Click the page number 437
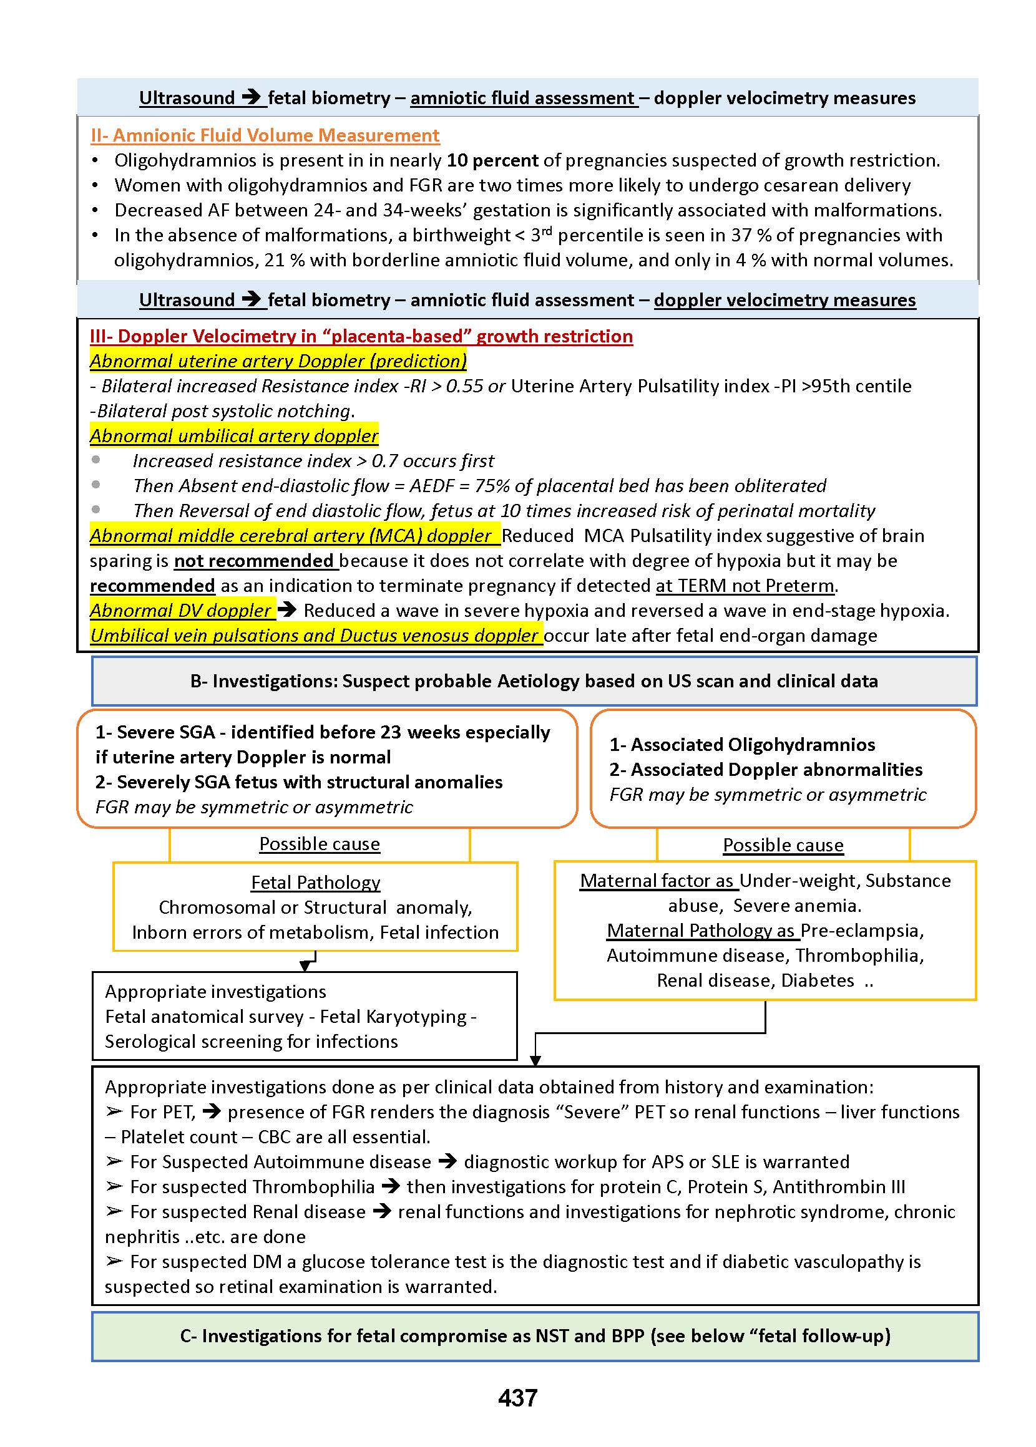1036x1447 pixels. [517, 1397]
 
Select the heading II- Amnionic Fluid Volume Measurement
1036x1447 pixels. [265, 135]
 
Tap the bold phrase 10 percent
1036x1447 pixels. [492, 160]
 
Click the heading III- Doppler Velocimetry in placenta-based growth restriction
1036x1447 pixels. [361, 336]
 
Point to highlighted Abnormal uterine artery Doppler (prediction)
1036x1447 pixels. [278, 361]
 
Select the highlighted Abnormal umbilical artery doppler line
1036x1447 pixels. [234, 435]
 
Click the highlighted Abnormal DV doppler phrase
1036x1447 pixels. [182, 610]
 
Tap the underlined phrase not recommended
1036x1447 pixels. [254, 560]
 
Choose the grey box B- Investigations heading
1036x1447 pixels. [534, 681]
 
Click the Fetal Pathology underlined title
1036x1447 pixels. [315, 882]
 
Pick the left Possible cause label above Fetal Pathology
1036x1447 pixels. [319, 843]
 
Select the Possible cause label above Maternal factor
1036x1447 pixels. [783, 844]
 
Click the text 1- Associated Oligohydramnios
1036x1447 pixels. [742, 744]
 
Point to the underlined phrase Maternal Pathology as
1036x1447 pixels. [701, 930]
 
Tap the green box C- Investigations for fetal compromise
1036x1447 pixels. [535, 1335]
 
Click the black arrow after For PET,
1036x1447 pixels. [211, 1111]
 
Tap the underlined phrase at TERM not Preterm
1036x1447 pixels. [745, 585]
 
